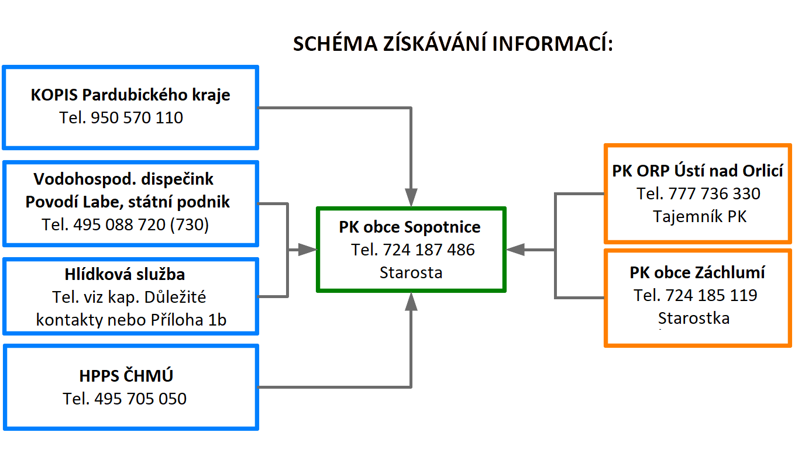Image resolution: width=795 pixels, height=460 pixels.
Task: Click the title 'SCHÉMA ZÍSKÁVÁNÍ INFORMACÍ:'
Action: pos(453,44)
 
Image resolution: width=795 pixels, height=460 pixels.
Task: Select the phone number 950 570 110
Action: pos(137,117)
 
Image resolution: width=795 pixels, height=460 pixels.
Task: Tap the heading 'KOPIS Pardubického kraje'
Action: pos(130,95)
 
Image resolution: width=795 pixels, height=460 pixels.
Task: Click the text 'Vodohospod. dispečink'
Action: pos(123,179)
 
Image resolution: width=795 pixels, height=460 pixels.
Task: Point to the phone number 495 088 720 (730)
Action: pos(141,225)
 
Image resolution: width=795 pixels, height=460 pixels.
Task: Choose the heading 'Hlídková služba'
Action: pos(125,274)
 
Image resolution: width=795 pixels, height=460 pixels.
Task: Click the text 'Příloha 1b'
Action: pos(188,320)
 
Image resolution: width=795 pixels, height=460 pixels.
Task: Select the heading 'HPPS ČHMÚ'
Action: pos(126,376)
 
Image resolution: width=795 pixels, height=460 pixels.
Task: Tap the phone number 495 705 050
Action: pos(140,399)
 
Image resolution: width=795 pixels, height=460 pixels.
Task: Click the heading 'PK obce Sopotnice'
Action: pos(410,227)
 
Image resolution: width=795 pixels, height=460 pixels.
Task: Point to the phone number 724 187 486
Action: pos(429,250)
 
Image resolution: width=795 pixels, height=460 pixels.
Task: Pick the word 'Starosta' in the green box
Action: pos(411,273)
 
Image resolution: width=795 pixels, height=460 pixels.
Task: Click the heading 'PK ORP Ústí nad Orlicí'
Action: pos(698,171)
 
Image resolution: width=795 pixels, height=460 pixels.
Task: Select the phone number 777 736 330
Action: pos(714,193)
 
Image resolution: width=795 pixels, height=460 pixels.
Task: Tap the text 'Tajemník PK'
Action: pos(700,216)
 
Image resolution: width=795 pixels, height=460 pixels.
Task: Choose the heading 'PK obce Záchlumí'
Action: pos(697,272)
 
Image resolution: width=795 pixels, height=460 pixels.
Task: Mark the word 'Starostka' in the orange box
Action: pos(694,318)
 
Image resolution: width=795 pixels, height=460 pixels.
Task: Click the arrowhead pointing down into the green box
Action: pos(411,197)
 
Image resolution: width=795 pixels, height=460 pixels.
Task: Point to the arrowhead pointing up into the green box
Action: pos(411,302)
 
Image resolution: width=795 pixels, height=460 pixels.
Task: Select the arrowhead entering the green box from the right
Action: pos(515,250)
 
